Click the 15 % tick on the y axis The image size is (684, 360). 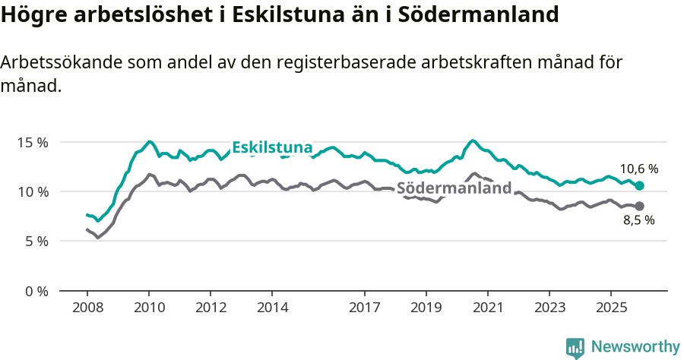click(33, 142)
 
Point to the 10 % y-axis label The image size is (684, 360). click(33, 191)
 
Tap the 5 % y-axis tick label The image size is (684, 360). click(36, 242)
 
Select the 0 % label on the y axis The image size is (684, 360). click(36, 291)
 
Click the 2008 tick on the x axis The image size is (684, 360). click(87, 308)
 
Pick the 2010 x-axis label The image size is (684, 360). click(149, 308)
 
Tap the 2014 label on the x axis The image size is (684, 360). click(272, 308)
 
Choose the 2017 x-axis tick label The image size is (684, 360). click(364, 308)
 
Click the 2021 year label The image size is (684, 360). click(487, 308)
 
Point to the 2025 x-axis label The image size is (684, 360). click(610, 308)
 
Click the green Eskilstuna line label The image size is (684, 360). click(272, 147)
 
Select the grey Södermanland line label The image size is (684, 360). click(454, 188)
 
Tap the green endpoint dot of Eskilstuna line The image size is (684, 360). click(640, 186)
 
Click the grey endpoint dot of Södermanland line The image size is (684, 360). click(640, 207)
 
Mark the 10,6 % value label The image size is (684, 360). click(638, 169)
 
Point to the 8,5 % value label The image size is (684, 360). click(638, 221)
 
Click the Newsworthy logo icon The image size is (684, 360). click(575, 347)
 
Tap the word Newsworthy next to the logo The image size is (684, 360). click(635, 347)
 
